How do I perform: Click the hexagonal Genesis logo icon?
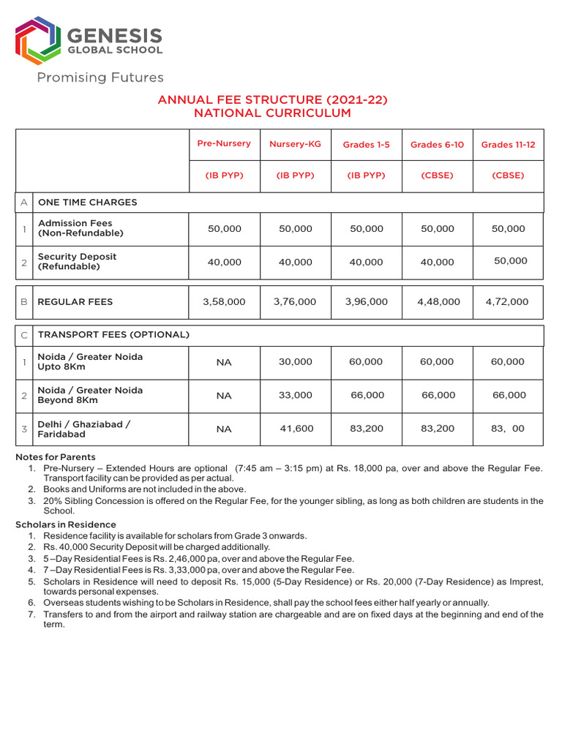pyautogui.click(x=37, y=41)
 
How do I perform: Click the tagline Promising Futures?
pyautogui.click(x=100, y=78)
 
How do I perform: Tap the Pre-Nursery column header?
pyautogui.click(x=224, y=144)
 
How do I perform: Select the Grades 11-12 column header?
pyautogui.click(x=508, y=145)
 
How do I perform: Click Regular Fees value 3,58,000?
pyautogui.click(x=224, y=302)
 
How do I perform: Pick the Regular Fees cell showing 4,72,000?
pyautogui.click(x=507, y=302)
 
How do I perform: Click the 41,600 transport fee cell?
pyautogui.click(x=296, y=429)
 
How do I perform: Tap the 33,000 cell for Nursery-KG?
pyautogui.click(x=296, y=396)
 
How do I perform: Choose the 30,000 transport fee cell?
pyautogui.click(x=296, y=362)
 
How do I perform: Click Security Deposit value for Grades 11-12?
pyautogui.click(x=509, y=261)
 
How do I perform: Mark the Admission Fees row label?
pyautogui.click(x=80, y=228)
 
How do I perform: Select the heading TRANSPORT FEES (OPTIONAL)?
pyautogui.click(x=113, y=335)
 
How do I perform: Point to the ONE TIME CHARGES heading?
pyautogui.click(x=87, y=203)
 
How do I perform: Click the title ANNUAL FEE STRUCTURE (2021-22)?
pyautogui.click(x=272, y=99)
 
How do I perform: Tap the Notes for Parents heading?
pyautogui.click(x=56, y=457)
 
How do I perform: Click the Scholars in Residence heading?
pyautogui.click(x=66, y=524)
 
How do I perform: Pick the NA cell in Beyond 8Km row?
pyautogui.click(x=224, y=396)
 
